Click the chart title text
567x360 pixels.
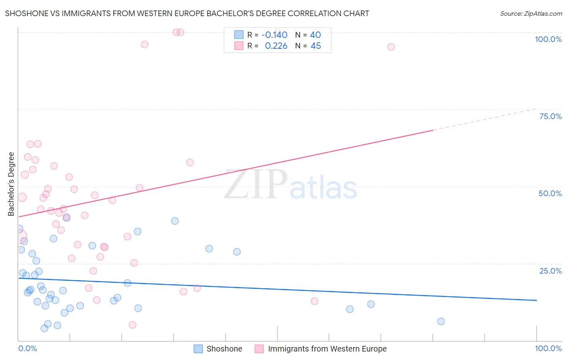coord(187,13)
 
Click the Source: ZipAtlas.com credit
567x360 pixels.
coord(531,14)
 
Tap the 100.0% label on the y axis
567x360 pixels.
coord(548,39)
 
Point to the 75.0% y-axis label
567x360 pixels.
coord(550,116)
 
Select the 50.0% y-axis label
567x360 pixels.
coord(550,193)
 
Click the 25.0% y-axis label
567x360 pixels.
coord(550,271)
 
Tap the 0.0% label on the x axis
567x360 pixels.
coord(27,348)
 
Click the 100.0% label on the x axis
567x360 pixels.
coord(548,348)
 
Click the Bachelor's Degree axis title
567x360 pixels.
coord(11,184)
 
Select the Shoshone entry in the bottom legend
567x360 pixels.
coord(224,349)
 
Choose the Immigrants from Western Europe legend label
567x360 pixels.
coord(327,349)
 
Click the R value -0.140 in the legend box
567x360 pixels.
coord(274,35)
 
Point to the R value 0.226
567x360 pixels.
coord(276,46)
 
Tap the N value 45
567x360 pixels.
coord(316,46)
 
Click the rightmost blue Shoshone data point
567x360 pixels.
coord(441,321)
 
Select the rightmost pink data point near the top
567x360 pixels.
coord(391,47)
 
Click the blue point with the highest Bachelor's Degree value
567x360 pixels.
coord(67,218)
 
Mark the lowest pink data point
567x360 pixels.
coord(132,325)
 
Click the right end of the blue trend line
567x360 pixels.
coord(536,300)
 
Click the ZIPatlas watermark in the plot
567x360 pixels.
coord(290,185)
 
